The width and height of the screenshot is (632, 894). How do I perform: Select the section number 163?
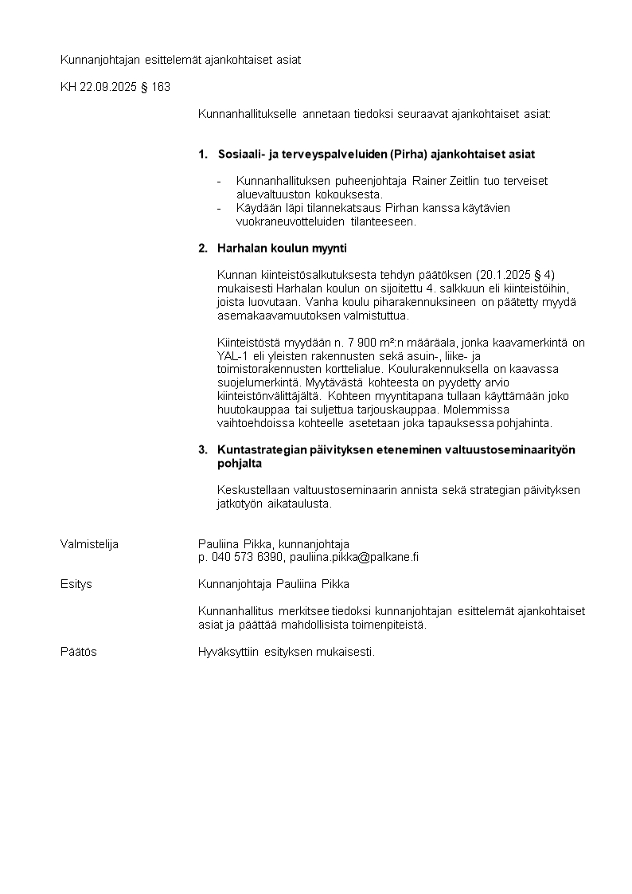[159, 86]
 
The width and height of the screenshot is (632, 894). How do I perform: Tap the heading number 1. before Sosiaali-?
[203, 154]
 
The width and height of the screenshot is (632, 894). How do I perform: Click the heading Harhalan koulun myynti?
[282, 249]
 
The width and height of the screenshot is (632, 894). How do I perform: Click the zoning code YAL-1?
[234, 356]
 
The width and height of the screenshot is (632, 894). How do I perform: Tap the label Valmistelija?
[89, 544]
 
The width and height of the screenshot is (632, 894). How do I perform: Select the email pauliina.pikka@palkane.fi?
[353, 558]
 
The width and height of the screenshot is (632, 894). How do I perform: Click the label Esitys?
[76, 584]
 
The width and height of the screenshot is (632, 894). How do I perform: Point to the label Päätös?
[79, 652]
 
